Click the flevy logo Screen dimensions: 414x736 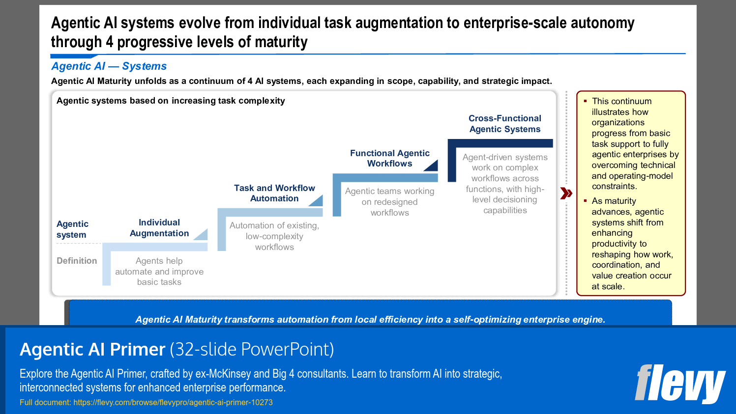click(x=680, y=384)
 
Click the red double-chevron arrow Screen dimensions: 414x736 click(x=566, y=193)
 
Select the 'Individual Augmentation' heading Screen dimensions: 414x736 click(x=159, y=228)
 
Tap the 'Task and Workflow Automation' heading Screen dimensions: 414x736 click(x=274, y=193)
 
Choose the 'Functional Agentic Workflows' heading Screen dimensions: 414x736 click(x=389, y=158)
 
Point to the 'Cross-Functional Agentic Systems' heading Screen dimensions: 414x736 click(x=504, y=124)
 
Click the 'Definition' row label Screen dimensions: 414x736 click(x=77, y=261)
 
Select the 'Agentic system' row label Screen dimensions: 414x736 click(x=72, y=229)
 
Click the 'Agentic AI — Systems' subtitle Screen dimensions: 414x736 click(x=109, y=66)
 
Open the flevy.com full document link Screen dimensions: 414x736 click(x=173, y=402)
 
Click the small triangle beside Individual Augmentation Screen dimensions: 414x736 click(x=202, y=235)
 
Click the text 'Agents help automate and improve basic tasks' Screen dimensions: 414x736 click(x=159, y=272)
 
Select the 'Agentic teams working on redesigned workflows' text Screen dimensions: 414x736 click(x=389, y=202)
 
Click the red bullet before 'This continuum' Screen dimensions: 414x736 click(x=585, y=101)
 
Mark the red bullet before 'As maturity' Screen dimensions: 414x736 click(x=585, y=201)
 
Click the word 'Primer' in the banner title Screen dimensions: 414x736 click(x=137, y=349)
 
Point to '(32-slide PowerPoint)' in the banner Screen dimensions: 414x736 click(x=252, y=349)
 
